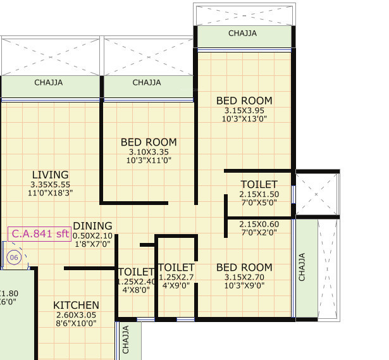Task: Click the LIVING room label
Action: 50,175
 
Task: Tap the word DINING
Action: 92,226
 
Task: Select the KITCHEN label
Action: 76,305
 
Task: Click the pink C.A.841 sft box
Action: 39,234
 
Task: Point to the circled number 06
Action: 14,258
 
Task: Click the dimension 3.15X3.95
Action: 244,110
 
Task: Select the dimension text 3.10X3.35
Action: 149,152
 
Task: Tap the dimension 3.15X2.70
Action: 244,277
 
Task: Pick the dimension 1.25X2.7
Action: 176,277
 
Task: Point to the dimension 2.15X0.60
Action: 258,224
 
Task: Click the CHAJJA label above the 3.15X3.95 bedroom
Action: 242,34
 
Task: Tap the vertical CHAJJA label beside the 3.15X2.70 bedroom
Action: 302,267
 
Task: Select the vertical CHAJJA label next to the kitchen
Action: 126,340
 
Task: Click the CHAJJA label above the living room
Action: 48,82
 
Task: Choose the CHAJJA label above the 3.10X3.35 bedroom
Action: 147,82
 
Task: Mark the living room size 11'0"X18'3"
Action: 50,194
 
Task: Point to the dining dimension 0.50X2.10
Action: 92,235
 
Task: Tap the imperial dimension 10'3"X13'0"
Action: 244,119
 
